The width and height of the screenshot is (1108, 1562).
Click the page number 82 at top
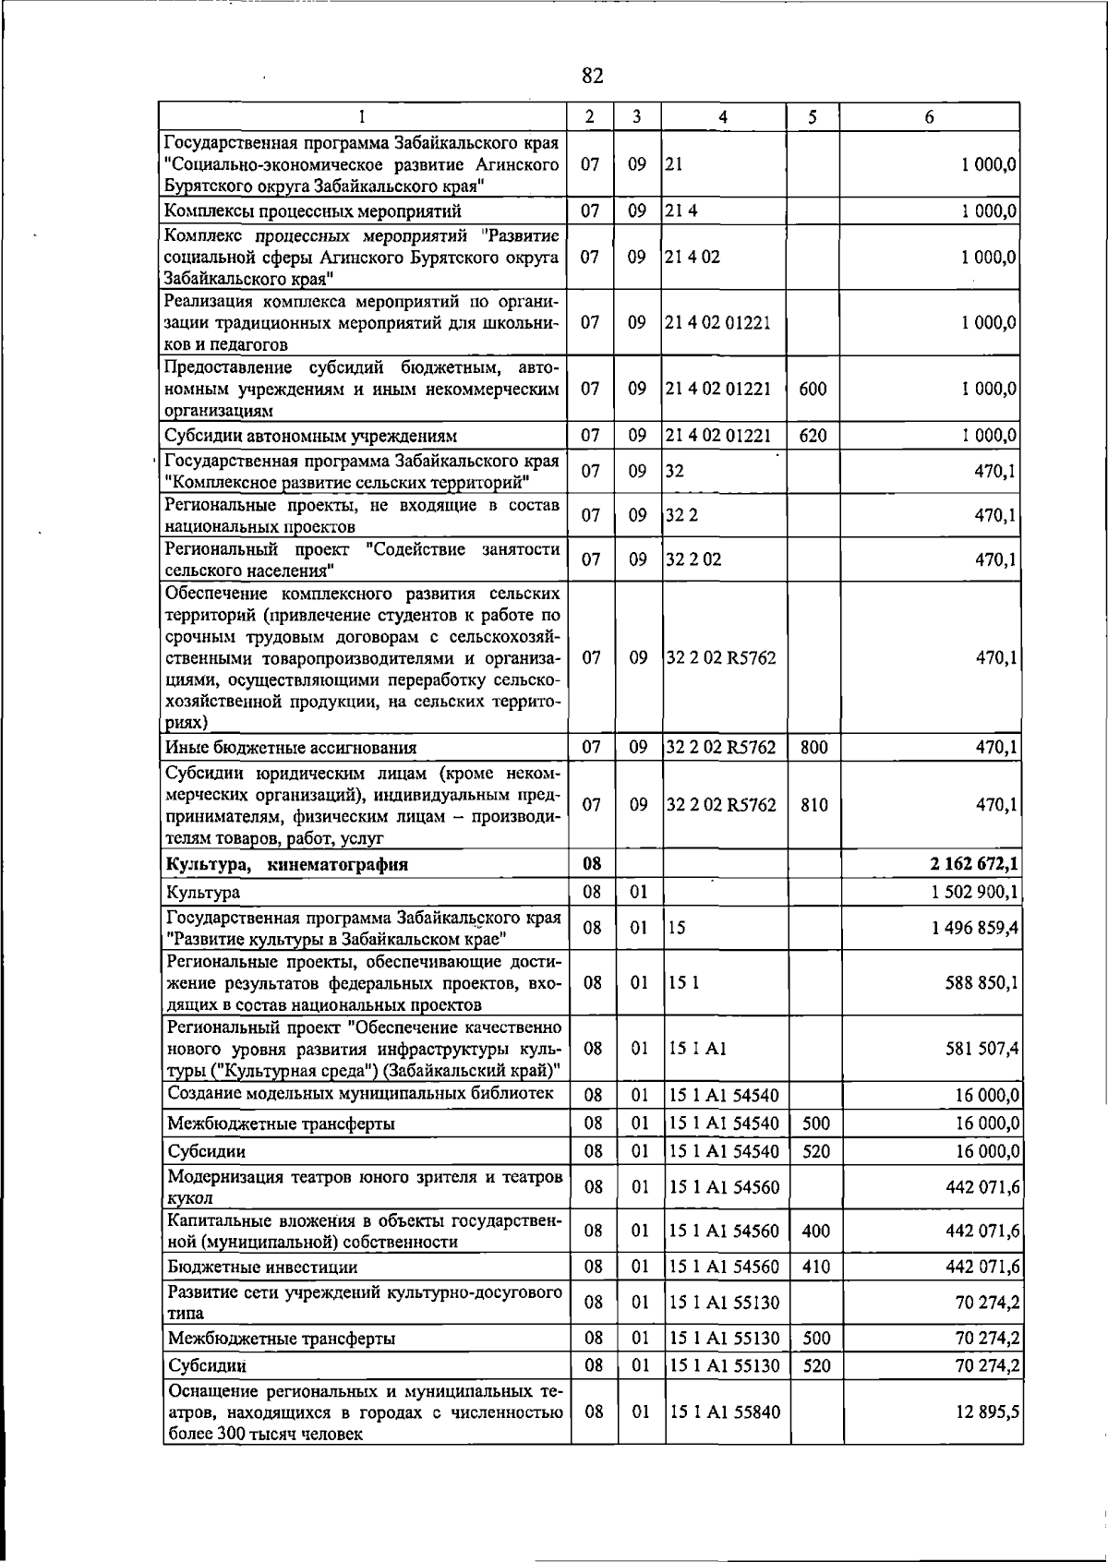pos(594,76)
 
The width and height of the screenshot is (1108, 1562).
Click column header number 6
pos(929,116)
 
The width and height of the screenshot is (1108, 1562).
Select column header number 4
pos(723,116)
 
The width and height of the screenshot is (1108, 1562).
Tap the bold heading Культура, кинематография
pos(287,865)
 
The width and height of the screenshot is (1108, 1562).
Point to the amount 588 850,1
pos(975,982)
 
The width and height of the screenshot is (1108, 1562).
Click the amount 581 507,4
pos(975,1048)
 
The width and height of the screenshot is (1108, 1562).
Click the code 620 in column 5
pos(813,435)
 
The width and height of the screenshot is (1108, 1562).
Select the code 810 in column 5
pos(813,805)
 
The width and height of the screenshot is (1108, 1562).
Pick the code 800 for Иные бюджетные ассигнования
pos(813,747)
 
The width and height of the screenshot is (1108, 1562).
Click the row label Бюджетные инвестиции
pos(262,1267)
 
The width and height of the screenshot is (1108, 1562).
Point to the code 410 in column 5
pos(816,1267)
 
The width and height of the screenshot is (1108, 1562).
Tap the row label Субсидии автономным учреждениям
pos(311,435)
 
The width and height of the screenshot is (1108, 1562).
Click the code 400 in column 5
pos(816,1231)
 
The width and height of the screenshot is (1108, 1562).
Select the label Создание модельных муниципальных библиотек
pos(361,1094)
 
